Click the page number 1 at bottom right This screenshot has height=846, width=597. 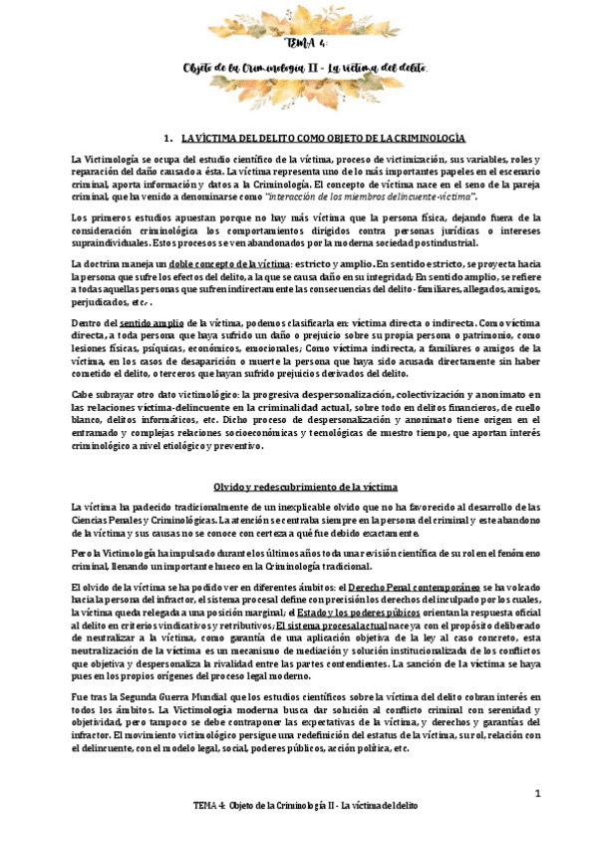tap(536, 794)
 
